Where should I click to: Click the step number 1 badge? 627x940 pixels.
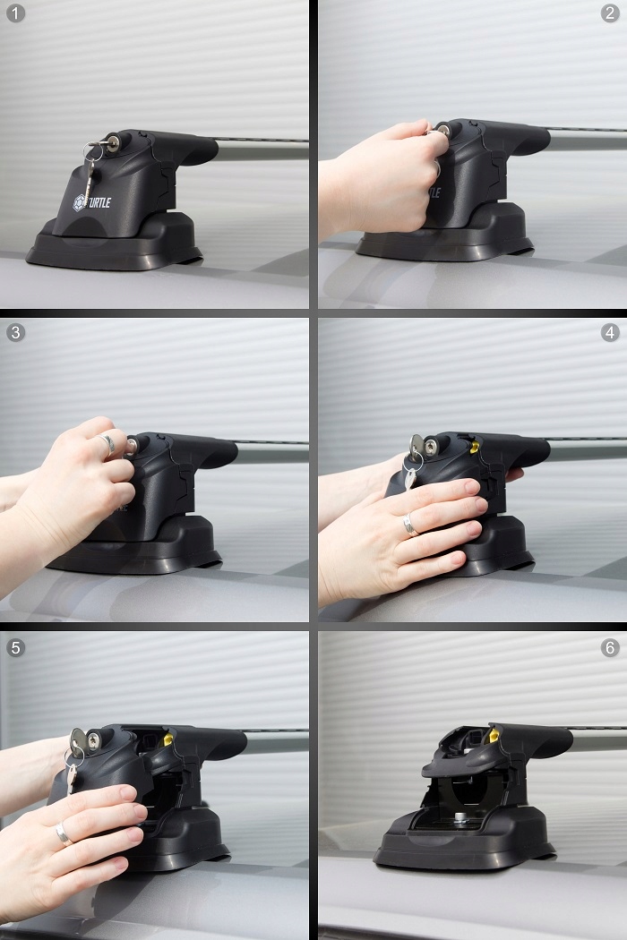pyautogui.click(x=15, y=13)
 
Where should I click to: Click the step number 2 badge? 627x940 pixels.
pyautogui.click(x=610, y=13)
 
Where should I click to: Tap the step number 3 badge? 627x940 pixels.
pyautogui.click(x=15, y=331)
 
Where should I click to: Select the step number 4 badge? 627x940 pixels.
pyautogui.click(x=610, y=331)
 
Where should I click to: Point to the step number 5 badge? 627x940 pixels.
pyautogui.click(x=15, y=647)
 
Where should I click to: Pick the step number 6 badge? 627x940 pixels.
pyautogui.click(x=610, y=647)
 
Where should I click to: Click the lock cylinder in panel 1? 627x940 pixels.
pyautogui.click(x=112, y=142)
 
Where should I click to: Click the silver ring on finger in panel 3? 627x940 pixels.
pyautogui.click(x=107, y=443)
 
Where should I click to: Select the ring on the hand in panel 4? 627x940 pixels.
pyautogui.click(x=410, y=525)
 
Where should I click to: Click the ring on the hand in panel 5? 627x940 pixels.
pyautogui.click(x=63, y=833)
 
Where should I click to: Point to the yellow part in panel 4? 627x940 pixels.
pyautogui.click(x=475, y=447)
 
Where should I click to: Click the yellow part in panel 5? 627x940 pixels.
pyautogui.click(x=168, y=739)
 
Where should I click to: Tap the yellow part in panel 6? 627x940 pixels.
pyautogui.click(x=494, y=736)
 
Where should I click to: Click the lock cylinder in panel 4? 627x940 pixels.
pyautogui.click(x=431, y=447)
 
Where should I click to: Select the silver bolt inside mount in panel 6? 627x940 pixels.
pyautogui.click(x=460, y=816)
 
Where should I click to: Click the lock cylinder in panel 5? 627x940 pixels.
pyautogui.click(x=94, y=741)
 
